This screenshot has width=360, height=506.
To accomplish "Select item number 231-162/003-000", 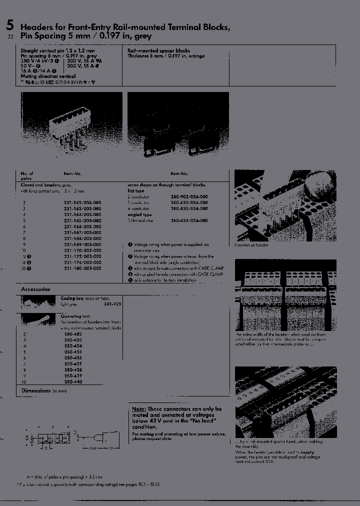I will (x=82, y=202).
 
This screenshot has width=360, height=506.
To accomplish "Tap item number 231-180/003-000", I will (x=82, y=268).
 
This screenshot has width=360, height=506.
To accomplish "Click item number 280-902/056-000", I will (x=189, y=196).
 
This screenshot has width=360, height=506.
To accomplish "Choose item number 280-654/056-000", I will (x=189, y=220).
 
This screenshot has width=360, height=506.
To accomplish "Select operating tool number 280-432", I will (x=72, y=333).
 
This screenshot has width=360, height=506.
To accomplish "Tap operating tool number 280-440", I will (x=72, y=381).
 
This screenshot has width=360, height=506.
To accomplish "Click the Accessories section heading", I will (x=35, y=289).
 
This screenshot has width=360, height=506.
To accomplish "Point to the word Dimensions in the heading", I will (x=36, y=390).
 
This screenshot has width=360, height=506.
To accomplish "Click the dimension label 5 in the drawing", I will (x=46, y=448).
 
